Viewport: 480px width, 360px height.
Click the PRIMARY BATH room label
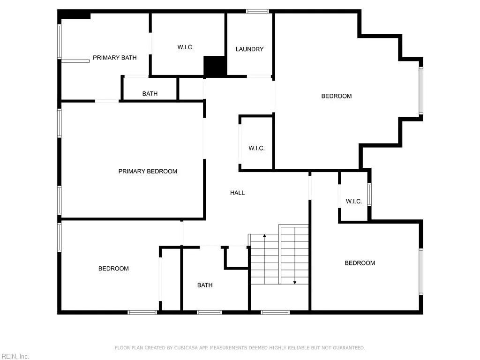[x=114, y=58]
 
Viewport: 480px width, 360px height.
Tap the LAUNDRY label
[x=249, y=49]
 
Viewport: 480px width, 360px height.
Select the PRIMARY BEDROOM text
[x=148, y=172]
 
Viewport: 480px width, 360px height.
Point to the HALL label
[x=237, y=193]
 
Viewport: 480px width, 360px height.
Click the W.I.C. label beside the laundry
[x=185, y=47]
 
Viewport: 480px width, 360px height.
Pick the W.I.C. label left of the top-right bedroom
[x=256, y=148]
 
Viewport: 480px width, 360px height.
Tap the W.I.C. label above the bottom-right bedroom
[x=354, y=202]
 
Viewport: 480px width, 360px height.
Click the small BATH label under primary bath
[x=150, y=94]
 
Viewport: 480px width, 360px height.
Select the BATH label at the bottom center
[x=205, y=285]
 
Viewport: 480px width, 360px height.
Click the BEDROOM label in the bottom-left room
[x=113, y=269]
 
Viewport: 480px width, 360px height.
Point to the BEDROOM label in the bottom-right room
[x=360, y=263]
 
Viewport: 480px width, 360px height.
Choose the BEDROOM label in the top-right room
[x=336, y=96]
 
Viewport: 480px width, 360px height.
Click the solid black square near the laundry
[x=215, y=66]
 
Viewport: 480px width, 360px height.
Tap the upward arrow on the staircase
[x=264, y=236]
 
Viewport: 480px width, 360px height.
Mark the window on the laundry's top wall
[x=257, y=11]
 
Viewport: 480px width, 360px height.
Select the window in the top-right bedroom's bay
[x=421, y=91]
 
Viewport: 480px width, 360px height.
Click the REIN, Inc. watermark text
[x=15, y=356]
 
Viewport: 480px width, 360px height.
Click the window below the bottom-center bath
[x=209, y=312]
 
